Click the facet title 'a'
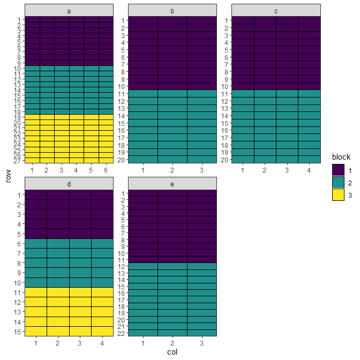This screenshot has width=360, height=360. tap(69, 11)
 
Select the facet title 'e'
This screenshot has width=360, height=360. tap(172, 184)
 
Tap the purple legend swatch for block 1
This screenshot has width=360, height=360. tap(338, 170)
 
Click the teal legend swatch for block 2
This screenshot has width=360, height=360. tap(338, 183)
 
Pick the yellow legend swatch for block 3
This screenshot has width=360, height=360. tap(338, 195)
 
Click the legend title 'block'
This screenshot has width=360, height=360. tap(341, 157)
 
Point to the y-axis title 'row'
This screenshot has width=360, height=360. tap(8, 176)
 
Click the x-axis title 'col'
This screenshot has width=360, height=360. tap(172, 352)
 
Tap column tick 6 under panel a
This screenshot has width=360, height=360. tap(106, 170)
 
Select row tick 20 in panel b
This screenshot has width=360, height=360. tap(121, 160)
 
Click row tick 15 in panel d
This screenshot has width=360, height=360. tap(18, 332)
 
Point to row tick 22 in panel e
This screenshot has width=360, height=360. tap(121, 333)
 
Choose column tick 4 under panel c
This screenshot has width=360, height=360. tap(309, 170)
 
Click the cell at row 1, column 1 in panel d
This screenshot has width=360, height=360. tap(36, 194)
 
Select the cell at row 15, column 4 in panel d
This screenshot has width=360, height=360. tap(102, 331)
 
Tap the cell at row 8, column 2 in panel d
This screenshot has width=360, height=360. tap(58, 263)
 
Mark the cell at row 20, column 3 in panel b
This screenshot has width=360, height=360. tap(202, 160)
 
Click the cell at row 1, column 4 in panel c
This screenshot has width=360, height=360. tap(309, 20)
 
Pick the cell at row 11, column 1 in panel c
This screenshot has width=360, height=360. tap(243, 94)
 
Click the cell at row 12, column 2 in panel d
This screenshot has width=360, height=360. tap(58, 302)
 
